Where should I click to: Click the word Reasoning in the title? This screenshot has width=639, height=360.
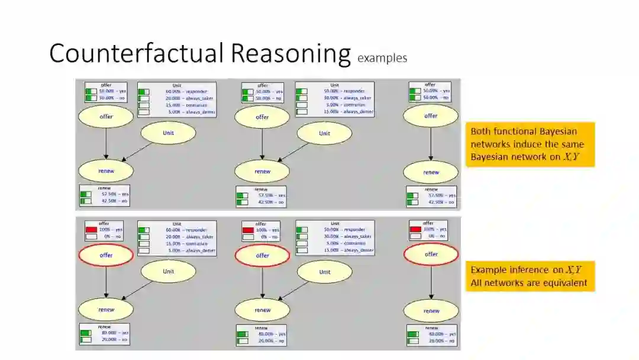click(291, 53)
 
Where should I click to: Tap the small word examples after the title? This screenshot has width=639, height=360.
click(382, 58)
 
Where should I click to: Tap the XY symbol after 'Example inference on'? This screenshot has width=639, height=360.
click(574, 270)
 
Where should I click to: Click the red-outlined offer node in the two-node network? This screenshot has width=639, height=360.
click(431, 255)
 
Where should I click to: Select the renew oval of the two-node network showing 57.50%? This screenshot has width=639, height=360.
click(431, 172)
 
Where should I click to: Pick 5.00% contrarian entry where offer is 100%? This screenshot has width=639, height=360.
click(345, 243)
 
